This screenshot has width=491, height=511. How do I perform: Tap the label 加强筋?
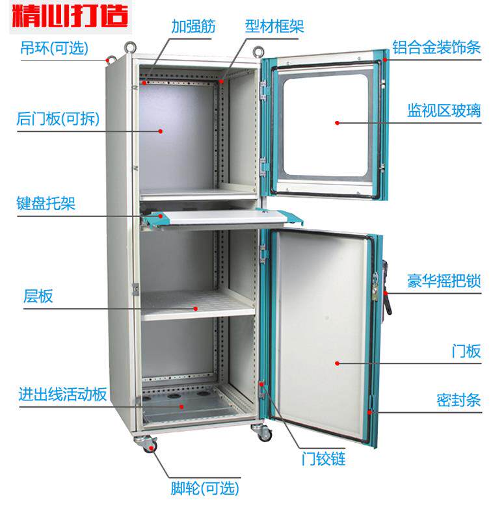point(193,27)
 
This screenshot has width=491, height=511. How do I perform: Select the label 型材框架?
point(274,27)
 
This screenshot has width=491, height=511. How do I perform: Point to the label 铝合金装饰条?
point(435,47)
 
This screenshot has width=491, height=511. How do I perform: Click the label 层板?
point(38,297)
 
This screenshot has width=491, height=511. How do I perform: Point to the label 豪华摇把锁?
point(444,282)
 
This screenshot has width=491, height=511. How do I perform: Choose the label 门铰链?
point(323,459)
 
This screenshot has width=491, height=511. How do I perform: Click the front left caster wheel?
point(148,444)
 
